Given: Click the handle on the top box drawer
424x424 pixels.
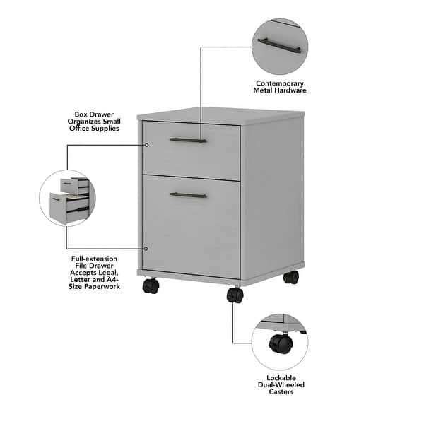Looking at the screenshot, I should click(188, 140).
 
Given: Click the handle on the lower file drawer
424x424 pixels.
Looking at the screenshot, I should click(188, 194).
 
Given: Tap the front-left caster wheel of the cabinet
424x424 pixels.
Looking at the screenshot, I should click(151, 285).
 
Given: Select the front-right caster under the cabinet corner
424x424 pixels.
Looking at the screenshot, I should click(235, 295).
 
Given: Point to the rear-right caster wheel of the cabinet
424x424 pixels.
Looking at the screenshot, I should click(290, 277).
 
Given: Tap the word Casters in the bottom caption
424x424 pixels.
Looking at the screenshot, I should click(281, 391).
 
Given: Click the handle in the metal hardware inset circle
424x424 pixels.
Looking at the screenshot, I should click(279, 46).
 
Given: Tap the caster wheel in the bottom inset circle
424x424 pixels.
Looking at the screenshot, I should click(281, 344).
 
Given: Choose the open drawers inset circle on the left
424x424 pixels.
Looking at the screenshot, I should click(68, 199).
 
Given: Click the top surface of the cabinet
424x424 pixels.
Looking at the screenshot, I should click(220, 114).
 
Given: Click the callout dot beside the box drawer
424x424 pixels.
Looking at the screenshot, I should click(146, 145).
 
